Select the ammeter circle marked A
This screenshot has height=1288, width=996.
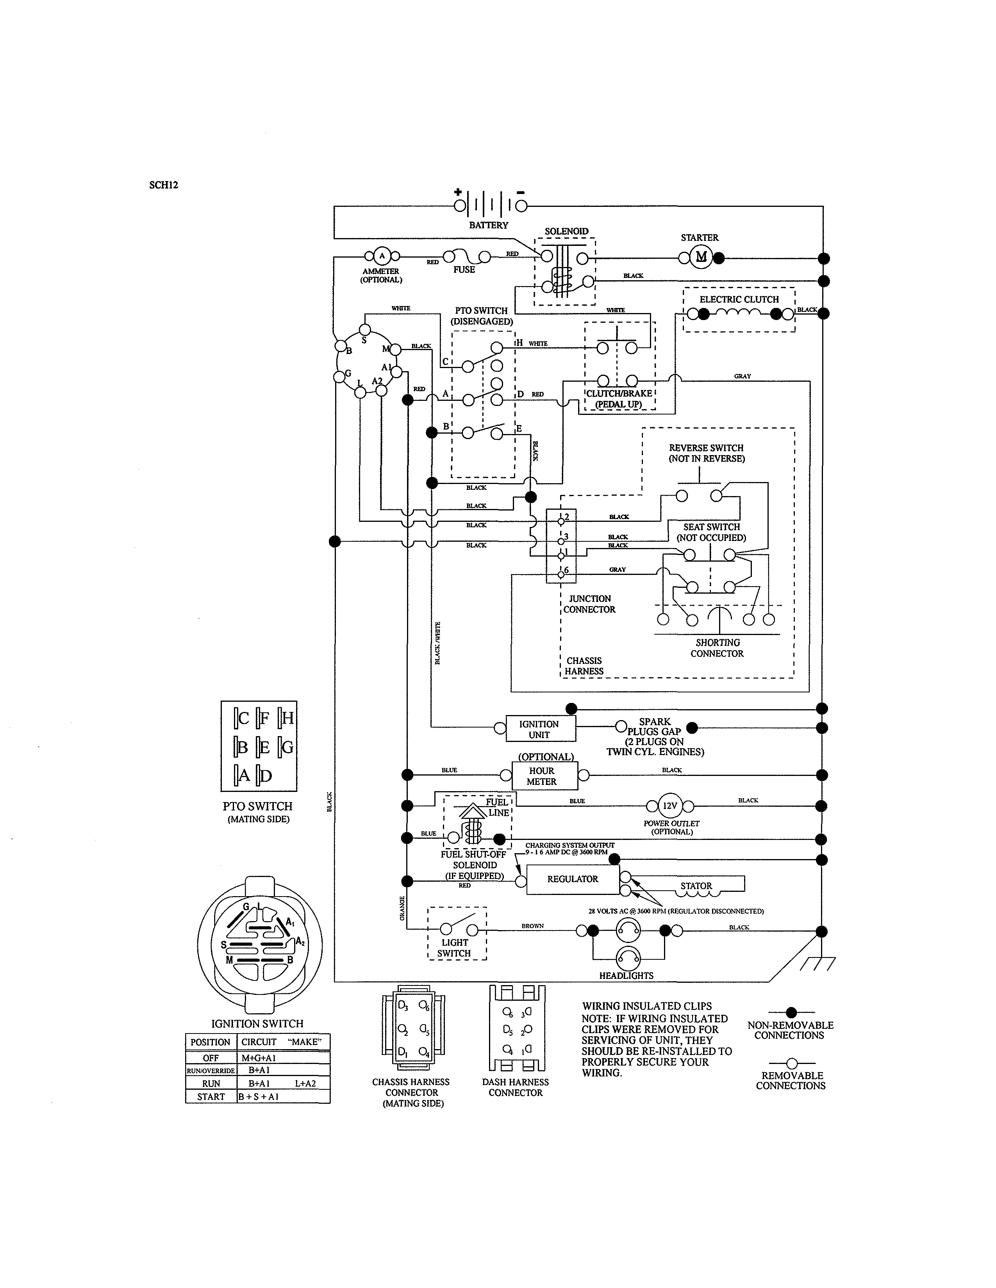(x=382, y=256)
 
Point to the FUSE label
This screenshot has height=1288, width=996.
(x=464, y=270)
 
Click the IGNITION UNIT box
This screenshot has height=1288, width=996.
(x=541, y=729)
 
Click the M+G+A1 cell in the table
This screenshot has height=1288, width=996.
(x=259, y=1058)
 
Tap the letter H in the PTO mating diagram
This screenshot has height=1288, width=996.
(x=287, y=718)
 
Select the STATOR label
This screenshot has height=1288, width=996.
(x=696, y=886)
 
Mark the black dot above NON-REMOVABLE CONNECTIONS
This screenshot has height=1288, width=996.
(x=791, y=1012)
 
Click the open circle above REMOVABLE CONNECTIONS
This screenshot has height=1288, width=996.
(x=792, y=1063)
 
